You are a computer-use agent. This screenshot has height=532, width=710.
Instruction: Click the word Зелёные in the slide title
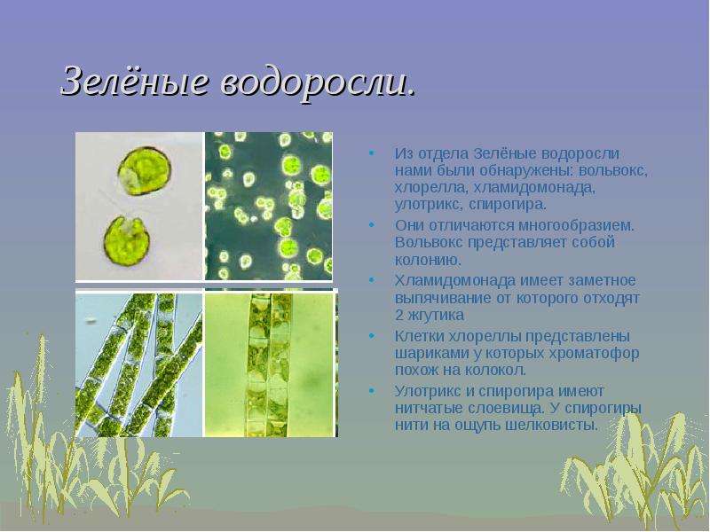136,81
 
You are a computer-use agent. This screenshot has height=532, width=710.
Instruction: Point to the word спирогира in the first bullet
507,205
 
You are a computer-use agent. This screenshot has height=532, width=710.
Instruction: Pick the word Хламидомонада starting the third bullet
454,280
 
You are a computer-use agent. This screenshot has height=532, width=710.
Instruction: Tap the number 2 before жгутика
398,315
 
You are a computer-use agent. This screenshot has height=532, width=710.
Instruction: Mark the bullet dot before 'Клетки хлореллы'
372,336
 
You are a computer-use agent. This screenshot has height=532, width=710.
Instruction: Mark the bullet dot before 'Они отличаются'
372,224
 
